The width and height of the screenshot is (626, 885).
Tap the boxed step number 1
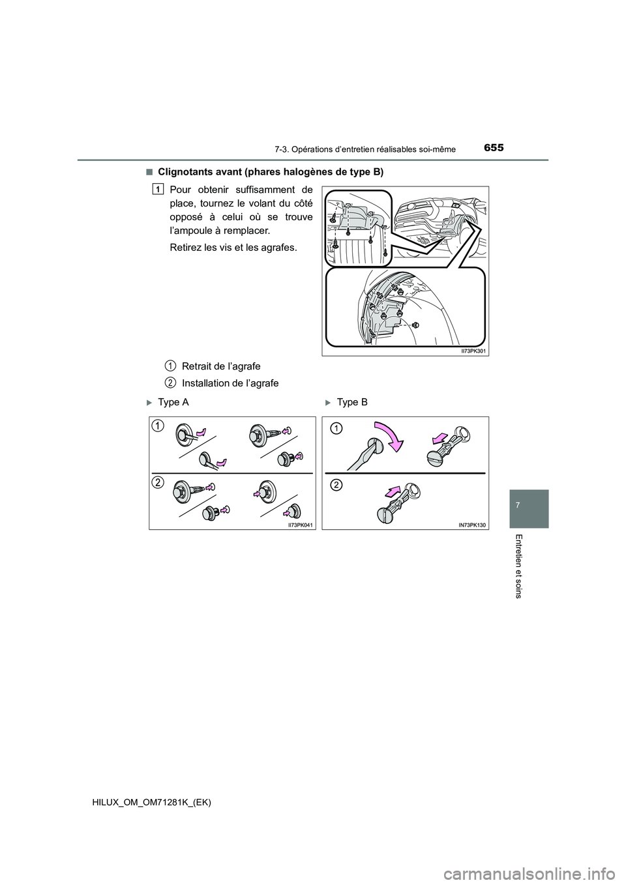coord(158,188)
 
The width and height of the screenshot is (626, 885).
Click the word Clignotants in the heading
coord(188,172)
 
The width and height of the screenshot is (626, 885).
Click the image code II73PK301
coord(474,351)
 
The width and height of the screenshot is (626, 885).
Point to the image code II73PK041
coord(301,523)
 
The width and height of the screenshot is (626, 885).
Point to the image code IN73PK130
coord(473,523)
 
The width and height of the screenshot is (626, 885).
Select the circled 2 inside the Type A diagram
coord(158,482)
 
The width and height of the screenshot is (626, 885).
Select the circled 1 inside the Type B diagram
coord(335,428)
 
